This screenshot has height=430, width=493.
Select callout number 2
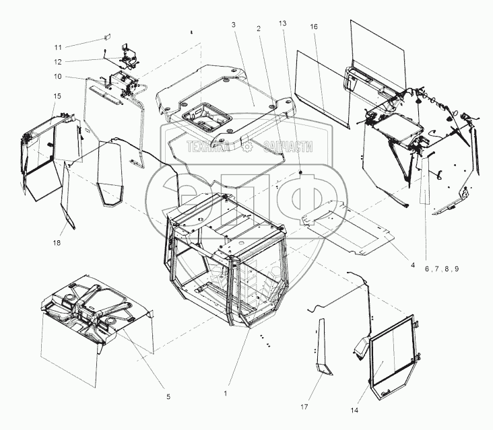click(258, 29)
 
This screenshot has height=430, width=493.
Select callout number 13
click(282, 24)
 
